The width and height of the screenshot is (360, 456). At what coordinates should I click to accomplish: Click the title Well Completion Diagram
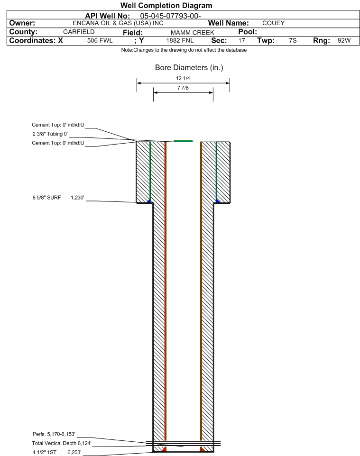(166, 6)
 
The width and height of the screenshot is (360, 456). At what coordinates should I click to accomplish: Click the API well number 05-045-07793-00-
(170, 16)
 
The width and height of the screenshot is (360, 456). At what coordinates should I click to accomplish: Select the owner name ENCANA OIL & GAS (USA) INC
(118, 23)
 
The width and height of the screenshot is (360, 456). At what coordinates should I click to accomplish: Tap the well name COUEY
(273, 23)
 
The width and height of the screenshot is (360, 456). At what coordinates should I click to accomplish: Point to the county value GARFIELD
(79, 32)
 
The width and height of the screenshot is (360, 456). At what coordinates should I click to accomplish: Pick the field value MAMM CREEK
(193, 32)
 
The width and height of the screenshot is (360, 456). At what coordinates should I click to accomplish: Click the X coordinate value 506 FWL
(100, 40)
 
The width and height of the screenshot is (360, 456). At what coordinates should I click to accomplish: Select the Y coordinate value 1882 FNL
(180, 40)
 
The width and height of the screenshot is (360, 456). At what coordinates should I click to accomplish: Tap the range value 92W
(344, 40)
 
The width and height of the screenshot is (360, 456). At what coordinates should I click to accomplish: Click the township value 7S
(293, 40)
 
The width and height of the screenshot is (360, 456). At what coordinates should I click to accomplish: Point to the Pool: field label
(248, 32)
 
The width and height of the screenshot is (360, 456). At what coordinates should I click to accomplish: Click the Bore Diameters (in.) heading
(189, 67)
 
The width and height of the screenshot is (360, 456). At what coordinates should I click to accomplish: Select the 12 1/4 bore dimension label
(183, 78)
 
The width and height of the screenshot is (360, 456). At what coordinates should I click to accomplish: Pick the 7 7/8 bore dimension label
(183, 88)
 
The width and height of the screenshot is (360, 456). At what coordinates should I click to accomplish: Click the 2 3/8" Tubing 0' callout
(50, 134)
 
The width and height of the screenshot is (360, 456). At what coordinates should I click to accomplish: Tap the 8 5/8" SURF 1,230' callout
(58, 198)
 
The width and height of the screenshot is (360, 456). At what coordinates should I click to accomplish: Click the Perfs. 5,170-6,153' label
(54, 434)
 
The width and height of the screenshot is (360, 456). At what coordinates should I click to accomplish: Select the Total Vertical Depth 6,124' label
(62, 443)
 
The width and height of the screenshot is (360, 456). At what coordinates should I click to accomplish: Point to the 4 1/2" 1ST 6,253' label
(57, 452)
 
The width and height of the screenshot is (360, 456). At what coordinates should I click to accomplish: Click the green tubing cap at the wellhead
(184, 141)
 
